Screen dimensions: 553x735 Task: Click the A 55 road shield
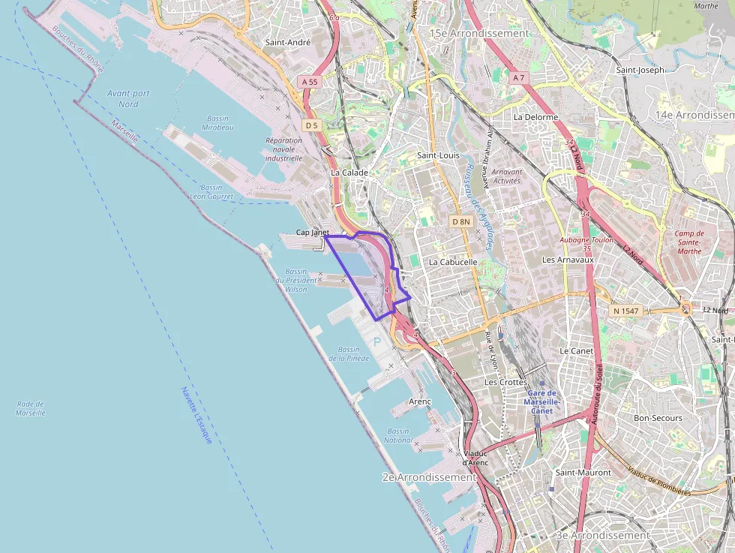point(310,81)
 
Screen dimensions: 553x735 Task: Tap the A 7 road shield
point(518,78)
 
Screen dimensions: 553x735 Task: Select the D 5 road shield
point(312,125)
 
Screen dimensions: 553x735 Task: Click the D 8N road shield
point(461,221)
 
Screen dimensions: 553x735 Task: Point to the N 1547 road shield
point(625,311)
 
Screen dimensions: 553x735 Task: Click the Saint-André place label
point(288,43)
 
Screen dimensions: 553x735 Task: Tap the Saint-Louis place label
point(439,155)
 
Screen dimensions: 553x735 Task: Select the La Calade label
point(349,173)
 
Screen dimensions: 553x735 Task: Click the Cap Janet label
point(312,233)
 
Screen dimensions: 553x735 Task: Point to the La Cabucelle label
point(453,263)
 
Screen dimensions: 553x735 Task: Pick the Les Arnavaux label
point(568,260)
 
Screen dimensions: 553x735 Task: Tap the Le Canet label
point(576,351)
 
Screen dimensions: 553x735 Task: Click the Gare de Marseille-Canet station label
point(541,401)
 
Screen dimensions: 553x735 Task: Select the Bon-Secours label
point(658,418)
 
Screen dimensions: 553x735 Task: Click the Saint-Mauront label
point(582,473)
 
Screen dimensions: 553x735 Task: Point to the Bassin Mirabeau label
point(218,123)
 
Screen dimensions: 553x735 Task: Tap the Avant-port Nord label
point(128,98)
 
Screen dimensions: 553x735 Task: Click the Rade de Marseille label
point(31,408)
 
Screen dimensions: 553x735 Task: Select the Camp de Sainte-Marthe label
point(688,242)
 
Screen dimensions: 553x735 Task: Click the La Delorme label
point(535,117)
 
